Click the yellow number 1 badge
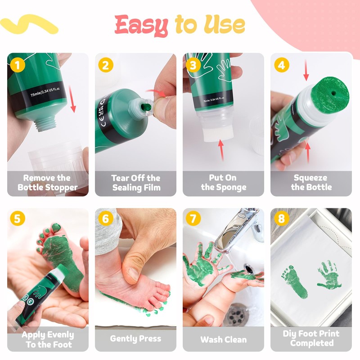point(18,65)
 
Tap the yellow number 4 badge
point(282,65)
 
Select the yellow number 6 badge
point(106,218)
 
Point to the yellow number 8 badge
point(282,218)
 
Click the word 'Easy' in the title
point(141,25)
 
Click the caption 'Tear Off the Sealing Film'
point(136,183)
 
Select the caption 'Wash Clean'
point(223,339)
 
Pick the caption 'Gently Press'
point(135,339)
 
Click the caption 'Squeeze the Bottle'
point(311,182)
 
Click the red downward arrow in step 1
point(72,99)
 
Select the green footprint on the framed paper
point(294,282)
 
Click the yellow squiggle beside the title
point(29,24)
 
